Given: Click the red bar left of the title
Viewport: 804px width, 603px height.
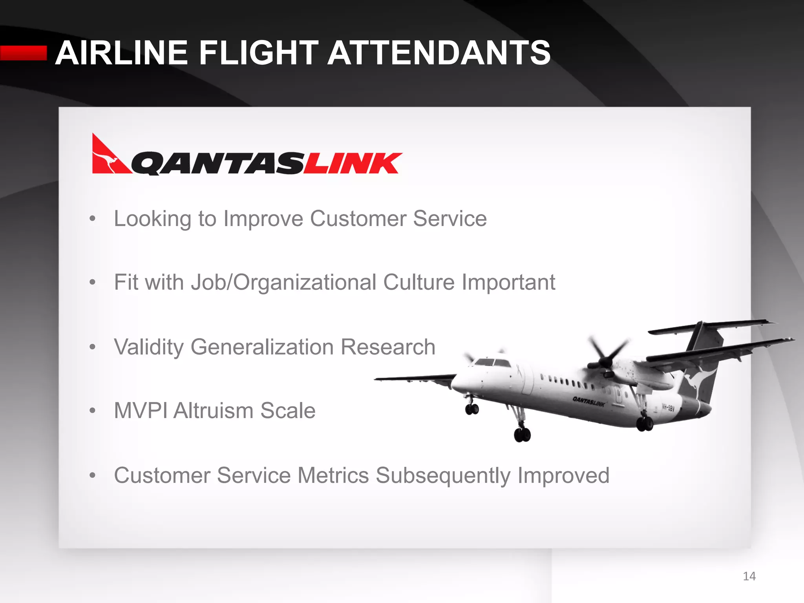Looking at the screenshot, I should (24, 53).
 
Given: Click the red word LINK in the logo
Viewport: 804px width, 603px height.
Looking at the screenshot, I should (353, 163).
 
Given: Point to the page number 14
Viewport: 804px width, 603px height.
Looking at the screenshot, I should (749, 576).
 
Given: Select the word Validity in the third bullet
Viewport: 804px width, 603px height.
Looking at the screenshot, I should (148, 347).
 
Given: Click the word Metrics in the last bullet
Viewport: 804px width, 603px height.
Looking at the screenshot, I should (333, 475).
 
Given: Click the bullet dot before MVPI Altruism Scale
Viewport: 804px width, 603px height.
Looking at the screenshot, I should (92, 411).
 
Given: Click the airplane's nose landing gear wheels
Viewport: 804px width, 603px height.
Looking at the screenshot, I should (471, 409).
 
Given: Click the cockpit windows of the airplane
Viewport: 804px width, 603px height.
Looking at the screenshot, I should (491, 362).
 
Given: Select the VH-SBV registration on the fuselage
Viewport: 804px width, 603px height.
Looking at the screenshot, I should (668, 407).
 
